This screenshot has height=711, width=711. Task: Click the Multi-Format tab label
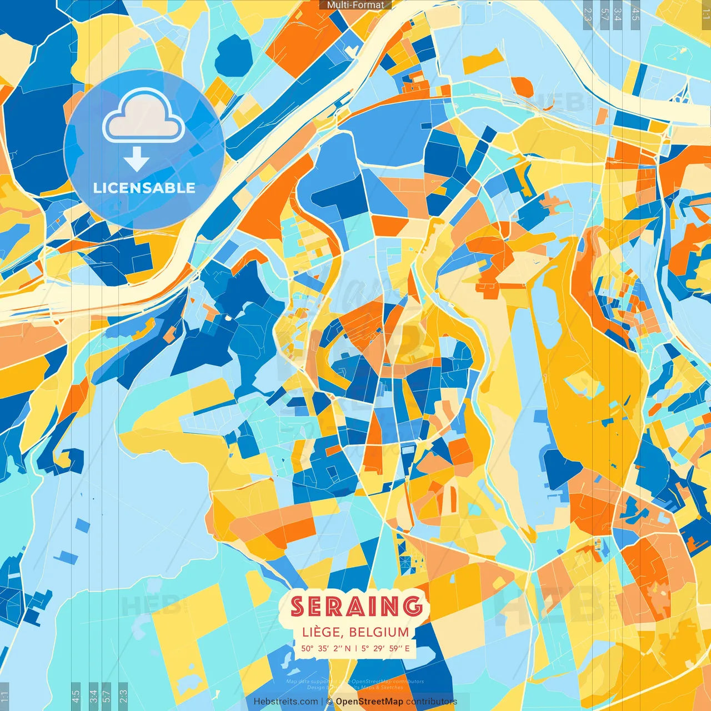click(355, 5)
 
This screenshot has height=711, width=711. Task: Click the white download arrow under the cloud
click(136, 160)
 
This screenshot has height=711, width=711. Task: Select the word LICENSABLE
click(144, 188)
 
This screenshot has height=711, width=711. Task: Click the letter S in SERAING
click(298, 607)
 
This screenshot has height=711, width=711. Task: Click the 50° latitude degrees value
click(307, 648)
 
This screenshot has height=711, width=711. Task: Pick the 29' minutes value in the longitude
click(379, 648)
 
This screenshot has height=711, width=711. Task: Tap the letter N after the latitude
click(348, 648)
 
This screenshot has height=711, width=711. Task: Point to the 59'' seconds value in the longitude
click(395, 648)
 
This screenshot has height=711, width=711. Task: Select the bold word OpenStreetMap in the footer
click(369, 702)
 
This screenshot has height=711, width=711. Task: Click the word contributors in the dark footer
click(431, 702)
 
